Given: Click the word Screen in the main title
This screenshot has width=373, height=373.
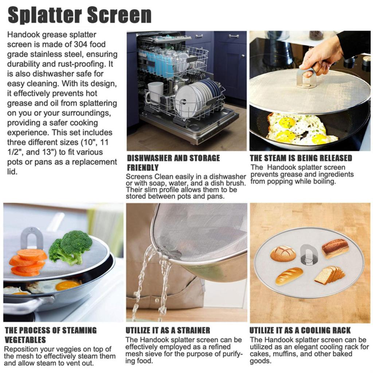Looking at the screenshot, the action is [119, 15].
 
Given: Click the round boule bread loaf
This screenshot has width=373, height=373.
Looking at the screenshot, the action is [283, 254].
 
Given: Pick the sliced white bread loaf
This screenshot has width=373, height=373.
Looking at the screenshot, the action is [329, 275].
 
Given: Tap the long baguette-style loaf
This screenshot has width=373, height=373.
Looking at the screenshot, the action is [289, 276].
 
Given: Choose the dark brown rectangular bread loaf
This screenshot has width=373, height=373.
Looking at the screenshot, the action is [335, 249].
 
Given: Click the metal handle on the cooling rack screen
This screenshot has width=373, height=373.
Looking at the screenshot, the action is [309, 255].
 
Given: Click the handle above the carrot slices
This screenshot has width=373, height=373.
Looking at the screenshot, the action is [31, 238].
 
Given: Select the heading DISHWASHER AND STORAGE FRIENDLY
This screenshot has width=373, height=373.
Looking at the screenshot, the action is [173, 163].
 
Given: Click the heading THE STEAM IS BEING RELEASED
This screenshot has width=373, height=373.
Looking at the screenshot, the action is [301, 158].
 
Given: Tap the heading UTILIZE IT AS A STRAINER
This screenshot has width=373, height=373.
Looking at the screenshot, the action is [168, 330].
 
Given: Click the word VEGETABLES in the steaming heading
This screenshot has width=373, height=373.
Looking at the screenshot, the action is [25, 340].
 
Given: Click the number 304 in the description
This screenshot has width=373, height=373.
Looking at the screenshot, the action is [81, 44].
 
